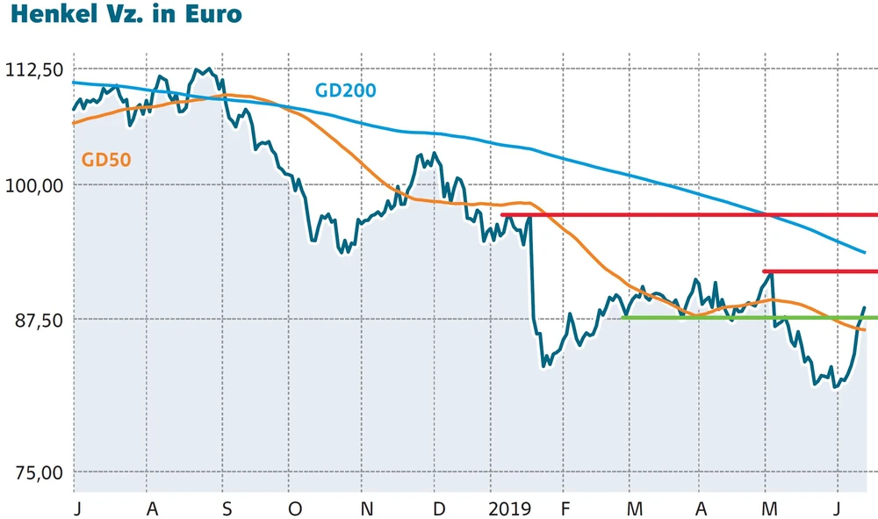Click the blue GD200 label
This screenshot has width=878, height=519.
tap(345, 90)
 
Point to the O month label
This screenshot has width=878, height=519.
tap(295, 509)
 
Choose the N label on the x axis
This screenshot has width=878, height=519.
tap(367, 509)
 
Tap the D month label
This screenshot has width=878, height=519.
tap(439, 509)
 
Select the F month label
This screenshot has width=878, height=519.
tap(565, 509)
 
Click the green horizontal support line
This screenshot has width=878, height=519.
tap(746, 317)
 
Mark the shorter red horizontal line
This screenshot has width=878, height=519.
tap(821, 271)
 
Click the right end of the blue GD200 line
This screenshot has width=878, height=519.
tap(865, 252)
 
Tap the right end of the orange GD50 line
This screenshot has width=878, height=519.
tap(865, 329)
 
